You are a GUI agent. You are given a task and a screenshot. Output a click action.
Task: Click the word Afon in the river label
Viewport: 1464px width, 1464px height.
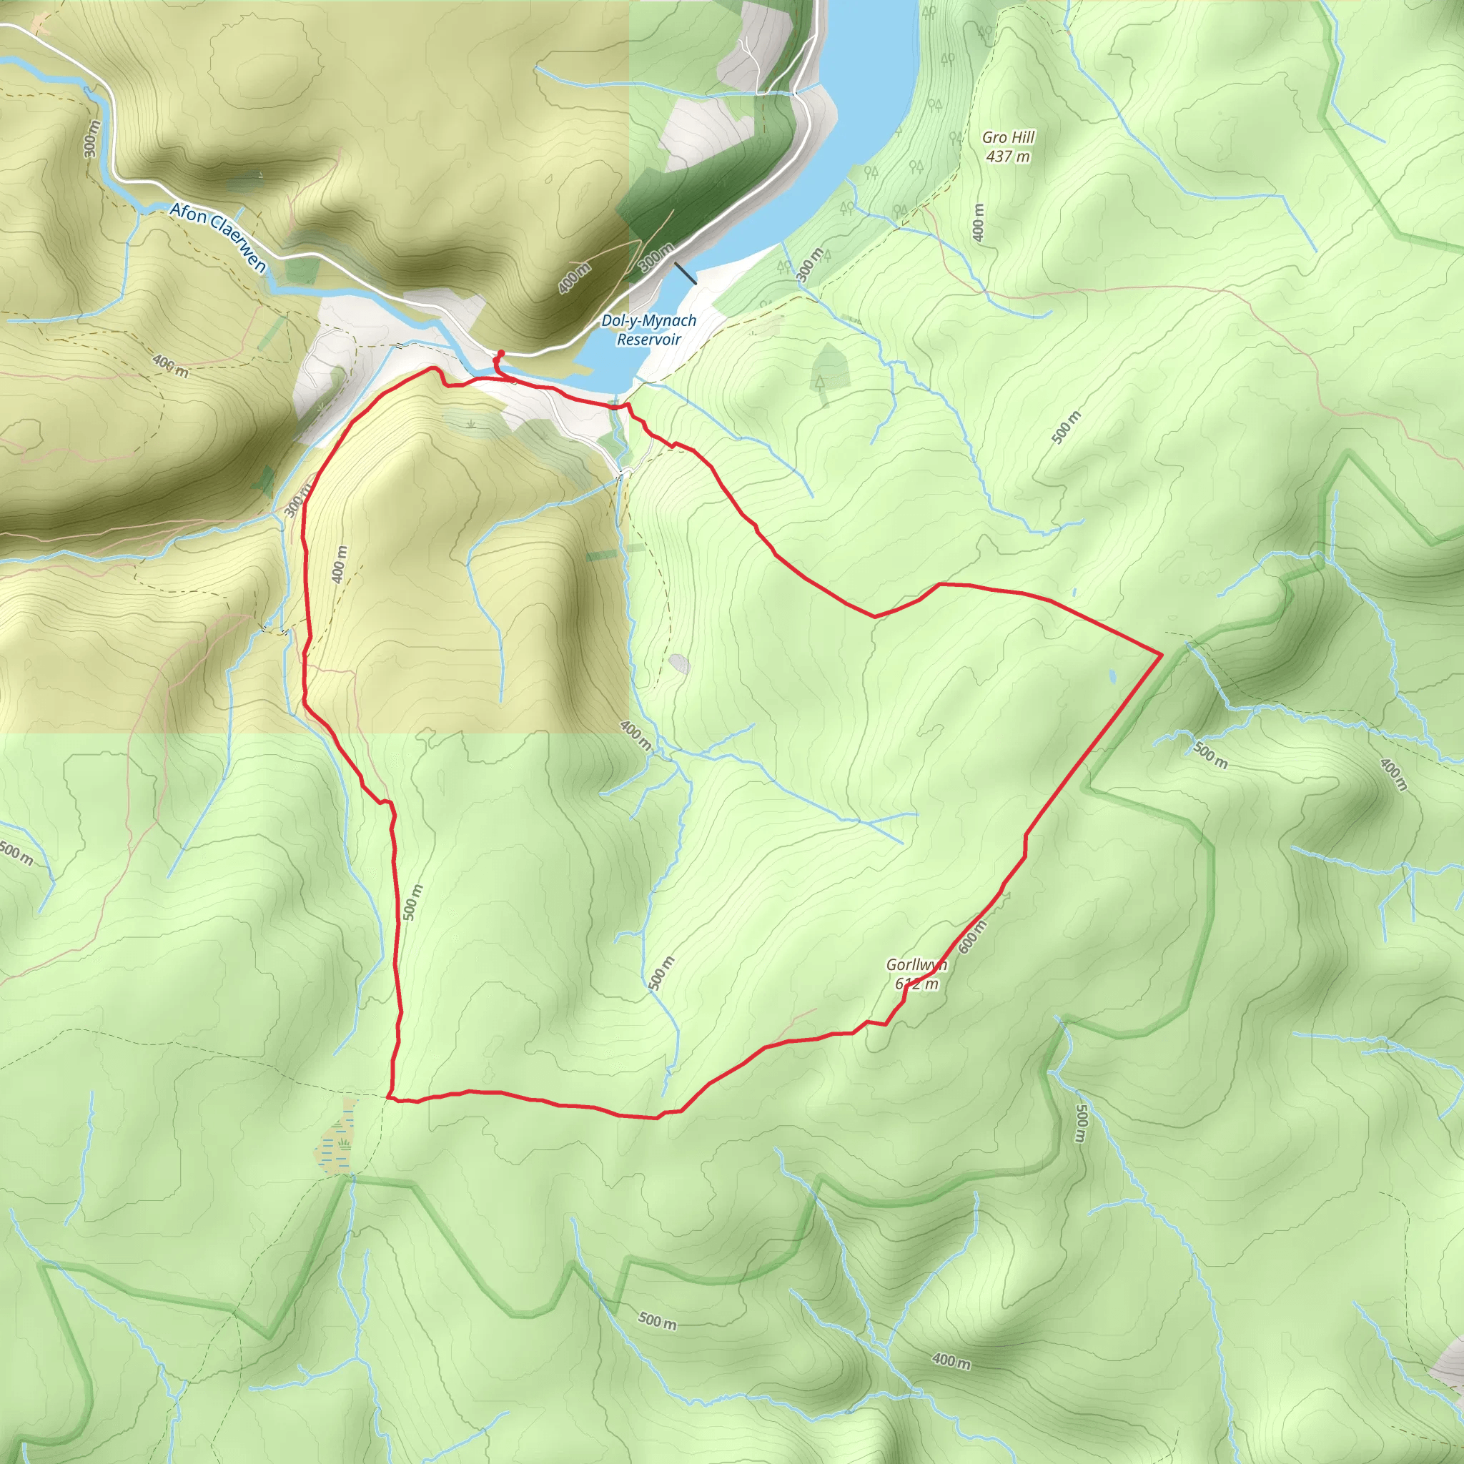(187, 212)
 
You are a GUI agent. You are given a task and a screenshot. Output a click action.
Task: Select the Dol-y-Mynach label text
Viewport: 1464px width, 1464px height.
(648, 320)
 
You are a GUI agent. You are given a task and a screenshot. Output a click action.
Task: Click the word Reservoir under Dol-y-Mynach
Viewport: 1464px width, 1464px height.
(648, 340)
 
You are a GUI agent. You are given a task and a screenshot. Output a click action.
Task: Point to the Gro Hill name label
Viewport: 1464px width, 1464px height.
(1008, 137)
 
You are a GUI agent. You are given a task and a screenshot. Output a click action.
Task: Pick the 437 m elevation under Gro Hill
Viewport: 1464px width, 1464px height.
(1008, 157)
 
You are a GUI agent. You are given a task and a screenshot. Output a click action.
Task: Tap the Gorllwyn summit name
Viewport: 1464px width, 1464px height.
(916, 964)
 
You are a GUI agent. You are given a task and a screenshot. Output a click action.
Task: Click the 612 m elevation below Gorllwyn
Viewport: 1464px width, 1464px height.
(916, 984)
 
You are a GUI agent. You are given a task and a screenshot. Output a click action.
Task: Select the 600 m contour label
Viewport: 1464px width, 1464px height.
(973, 936)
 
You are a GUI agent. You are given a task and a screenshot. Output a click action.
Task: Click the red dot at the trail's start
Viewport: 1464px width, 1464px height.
(500, 353)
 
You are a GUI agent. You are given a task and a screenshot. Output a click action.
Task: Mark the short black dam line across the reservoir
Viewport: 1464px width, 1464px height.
(685, 274)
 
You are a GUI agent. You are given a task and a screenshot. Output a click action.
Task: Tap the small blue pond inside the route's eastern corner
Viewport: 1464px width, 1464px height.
(1112, 674)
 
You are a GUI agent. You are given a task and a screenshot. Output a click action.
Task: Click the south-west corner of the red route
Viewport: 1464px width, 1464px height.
(389, 1097)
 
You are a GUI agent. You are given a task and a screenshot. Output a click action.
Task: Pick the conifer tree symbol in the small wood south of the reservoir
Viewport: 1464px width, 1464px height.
(819, 381)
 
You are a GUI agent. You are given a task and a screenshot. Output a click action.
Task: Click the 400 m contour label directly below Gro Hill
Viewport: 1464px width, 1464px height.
(979, 223)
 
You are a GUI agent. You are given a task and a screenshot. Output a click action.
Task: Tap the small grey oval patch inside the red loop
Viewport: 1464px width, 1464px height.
(680, 664)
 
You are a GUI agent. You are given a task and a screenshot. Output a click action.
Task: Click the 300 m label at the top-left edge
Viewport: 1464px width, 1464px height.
(91, 139)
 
